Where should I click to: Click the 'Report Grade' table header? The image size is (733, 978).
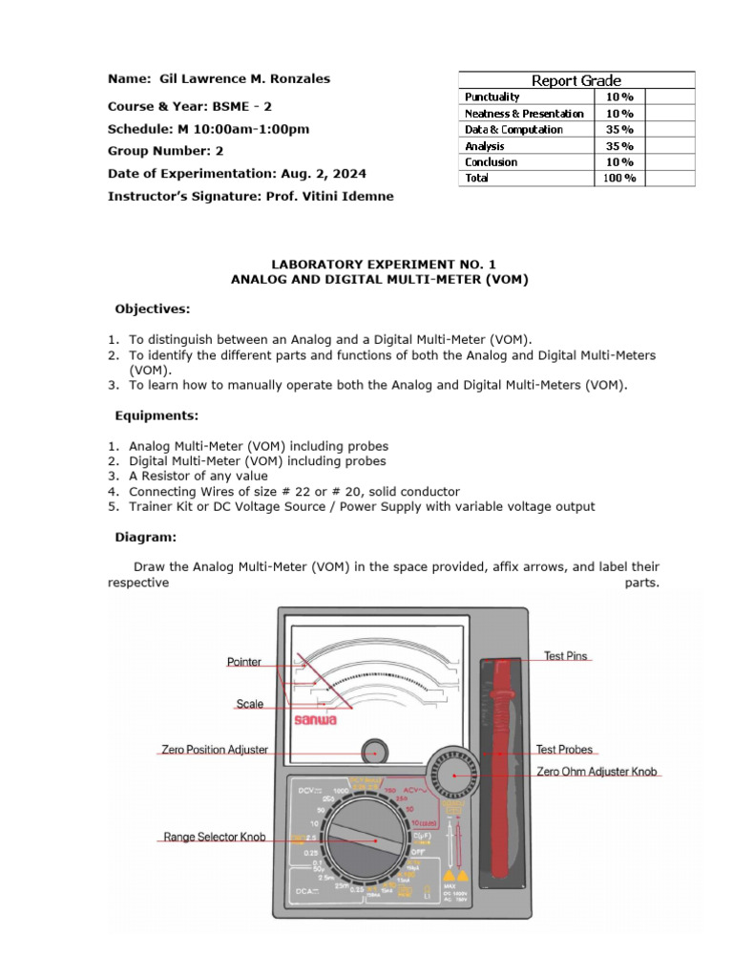(x=576, y=80)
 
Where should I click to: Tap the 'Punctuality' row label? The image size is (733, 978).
(x=492, y=96)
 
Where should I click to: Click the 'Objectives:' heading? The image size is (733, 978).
(x=153, y=309)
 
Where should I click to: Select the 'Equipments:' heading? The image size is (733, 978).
(x=157, y=416)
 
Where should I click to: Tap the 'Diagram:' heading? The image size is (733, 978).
(x=146, y=538)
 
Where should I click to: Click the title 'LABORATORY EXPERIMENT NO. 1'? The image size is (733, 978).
(x=379, y=264)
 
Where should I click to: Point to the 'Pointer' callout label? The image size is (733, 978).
(x=243, y=662)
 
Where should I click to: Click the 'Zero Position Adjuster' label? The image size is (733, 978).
(x=215, y=750)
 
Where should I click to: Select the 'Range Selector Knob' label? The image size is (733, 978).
(x=214, y=837)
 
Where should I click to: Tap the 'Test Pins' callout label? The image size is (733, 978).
(x=566, y=656)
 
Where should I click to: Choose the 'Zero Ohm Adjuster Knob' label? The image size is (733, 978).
(x=597, y=772)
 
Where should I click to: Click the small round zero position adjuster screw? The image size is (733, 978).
(x=375, y=751)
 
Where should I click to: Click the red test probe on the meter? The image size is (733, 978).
(x=499, y=764)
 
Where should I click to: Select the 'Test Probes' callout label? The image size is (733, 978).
(x=564, y=750)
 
